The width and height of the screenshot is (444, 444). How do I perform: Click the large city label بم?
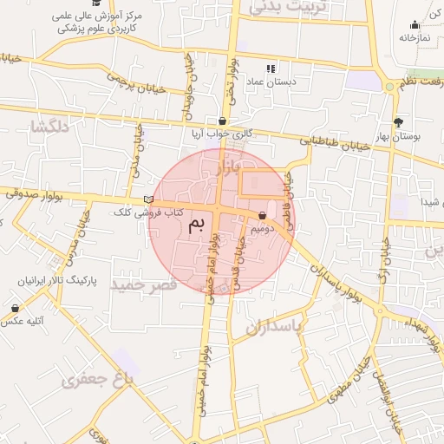[x=198, y=226]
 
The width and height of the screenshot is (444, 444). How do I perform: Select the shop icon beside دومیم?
[x=263, y=215]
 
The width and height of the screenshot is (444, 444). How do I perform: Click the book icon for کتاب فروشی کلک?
[x=148, y=200]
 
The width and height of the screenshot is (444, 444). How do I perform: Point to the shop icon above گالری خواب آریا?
[x=224, y=121]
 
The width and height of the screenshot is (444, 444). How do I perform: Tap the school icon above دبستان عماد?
[x=271, y=69]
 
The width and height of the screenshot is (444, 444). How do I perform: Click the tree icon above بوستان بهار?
[x=398, y=122]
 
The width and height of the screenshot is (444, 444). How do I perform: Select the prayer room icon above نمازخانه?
[x=414, y=24]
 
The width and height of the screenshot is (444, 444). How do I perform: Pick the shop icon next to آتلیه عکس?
[x=16, y=308]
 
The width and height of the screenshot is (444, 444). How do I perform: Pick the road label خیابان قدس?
[x=238, y=256]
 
